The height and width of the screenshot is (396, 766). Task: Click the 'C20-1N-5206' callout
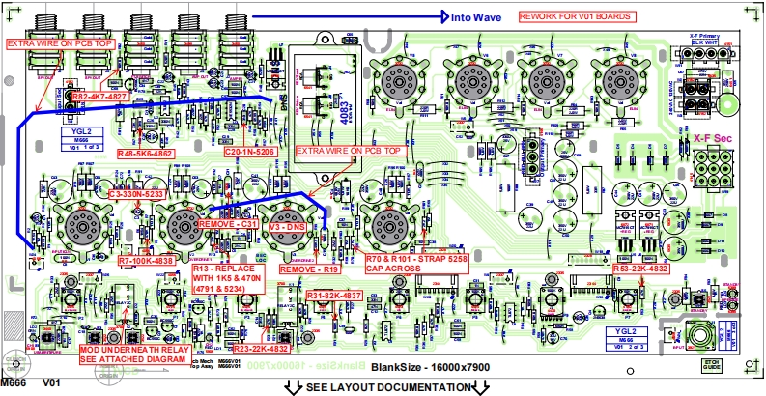coord(249,153)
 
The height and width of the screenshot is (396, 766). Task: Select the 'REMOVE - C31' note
coord(227,224)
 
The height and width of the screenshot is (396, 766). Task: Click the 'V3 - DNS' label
coord(287,224)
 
